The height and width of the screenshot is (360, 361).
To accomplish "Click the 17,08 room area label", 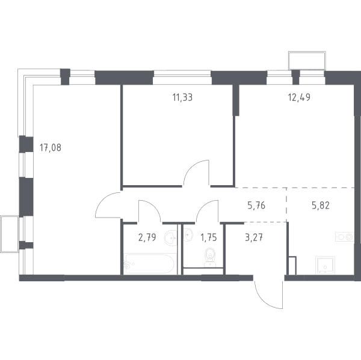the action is pos(51,147).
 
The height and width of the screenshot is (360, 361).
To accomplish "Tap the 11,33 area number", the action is pos(182,97).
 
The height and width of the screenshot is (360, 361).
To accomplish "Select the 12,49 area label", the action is pos(299,97).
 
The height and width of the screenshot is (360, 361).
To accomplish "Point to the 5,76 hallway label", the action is pos(256,205).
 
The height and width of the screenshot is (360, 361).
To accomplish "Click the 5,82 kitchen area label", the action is pos(321,205).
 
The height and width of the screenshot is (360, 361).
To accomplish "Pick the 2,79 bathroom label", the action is pos(147,237).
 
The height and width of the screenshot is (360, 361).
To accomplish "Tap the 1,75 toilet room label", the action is pos(209,237).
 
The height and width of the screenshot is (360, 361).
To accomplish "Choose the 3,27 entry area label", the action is pos(254,237).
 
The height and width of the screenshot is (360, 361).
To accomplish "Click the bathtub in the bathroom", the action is pos(149,264).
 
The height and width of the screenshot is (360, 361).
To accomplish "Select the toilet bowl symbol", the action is pos(210,257).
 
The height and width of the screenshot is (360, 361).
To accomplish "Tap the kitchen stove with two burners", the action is pos(344,237).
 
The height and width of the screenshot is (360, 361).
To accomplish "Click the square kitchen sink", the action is pos(325,265).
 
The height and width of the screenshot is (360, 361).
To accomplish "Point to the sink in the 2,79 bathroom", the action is pos(171,238).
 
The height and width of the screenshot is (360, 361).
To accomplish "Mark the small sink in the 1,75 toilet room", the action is pos(188,234).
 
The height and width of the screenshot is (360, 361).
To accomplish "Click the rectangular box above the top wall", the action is pos(307,60).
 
